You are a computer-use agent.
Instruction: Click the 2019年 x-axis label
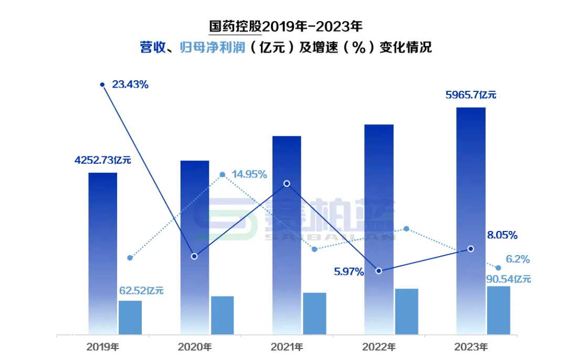click(103, 347)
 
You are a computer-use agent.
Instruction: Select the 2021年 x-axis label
click(287, 347)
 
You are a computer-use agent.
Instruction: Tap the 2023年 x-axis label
click(471, 347)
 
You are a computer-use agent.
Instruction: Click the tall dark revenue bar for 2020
click(195, 247)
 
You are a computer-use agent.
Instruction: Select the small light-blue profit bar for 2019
click(130, 317)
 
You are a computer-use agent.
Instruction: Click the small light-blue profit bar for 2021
click(314, 313)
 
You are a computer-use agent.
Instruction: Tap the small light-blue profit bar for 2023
click(498, 310)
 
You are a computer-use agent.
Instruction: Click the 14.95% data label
click(249, 174)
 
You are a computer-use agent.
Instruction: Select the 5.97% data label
click(349, 272)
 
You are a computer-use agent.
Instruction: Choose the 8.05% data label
click(502, 235)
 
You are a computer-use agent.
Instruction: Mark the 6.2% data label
click(517, 259)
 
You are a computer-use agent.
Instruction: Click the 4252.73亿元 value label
click(103, 161)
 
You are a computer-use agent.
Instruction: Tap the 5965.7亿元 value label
click(470, 95)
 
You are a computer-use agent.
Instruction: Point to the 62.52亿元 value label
click(142, 290)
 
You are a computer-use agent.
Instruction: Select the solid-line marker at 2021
click(287, 184)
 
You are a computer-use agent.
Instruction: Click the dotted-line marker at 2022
click(406, 229)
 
